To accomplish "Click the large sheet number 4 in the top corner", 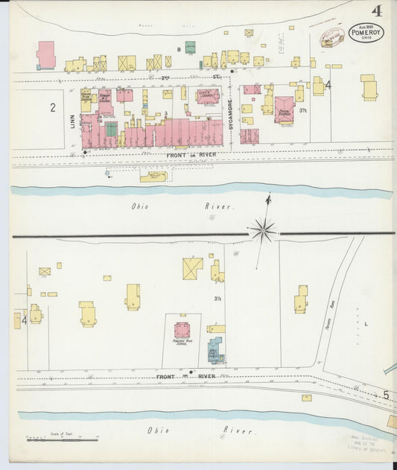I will (378, 10).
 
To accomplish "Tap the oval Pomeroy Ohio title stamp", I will (366, 33).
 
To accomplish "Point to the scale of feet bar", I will (63, 439).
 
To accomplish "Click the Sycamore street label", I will (232, 112).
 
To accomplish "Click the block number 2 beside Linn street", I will (53, 107).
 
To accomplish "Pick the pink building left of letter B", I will (46, 54).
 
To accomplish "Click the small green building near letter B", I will (190, 47).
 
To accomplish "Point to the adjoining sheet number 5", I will (386, 395).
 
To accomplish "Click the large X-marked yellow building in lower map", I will (192, 268).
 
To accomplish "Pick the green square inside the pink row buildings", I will (111, 129).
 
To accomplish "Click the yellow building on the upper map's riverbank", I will (153, 177).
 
